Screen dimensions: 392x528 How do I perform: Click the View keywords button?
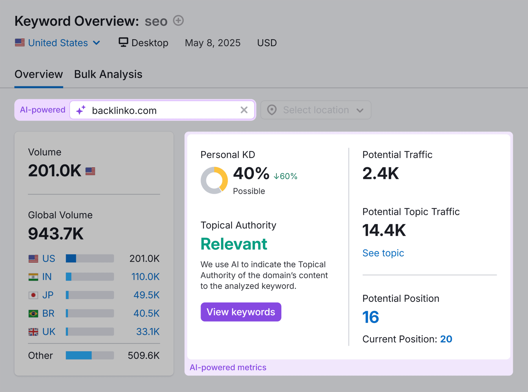pyautogui.click(x=241, y=312)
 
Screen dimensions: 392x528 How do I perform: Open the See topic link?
pyautogui.click(x=383, y=253)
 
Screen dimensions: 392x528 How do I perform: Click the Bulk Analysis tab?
pyautogui.click(x=108, y=74)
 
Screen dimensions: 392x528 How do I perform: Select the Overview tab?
pyautogui.click(x=39, y=74)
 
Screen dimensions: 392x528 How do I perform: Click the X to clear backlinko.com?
pyautogui.click(x=244, y=110)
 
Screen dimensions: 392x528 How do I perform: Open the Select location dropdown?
pyautogui.click(x=316, y=110)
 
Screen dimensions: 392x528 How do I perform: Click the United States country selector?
pyautogui.click(x=58, y=43)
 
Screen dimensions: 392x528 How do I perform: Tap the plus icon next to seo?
pyautogui.click(x=178, y=21)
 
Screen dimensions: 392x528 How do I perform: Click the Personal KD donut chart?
pyautogui.click(x=214, y=180)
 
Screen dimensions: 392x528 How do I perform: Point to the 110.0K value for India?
pyautogui.click(x=145, y=277)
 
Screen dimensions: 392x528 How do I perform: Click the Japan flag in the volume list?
pyautogui.click(x=33, y=295)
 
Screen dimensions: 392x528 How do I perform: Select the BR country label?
pyautogui.click(x=48, y=313)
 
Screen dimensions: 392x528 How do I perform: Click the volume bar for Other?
pyautogui.click(x=90, y=355)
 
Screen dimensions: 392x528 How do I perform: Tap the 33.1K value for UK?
pyautogui.click(x=148, y=332)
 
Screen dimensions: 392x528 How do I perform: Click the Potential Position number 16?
pyautogui.click(x=370, y=317)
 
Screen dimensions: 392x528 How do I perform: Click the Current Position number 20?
pyautogui.click(x=446, y=339)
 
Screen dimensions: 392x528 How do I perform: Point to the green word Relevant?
pyautogui.click(x=234, y=244)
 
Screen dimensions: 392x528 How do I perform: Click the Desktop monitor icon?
pyautogui.click(x=123, y=42)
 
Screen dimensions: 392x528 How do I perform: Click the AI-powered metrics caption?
pyautogui.click(x=228, y=368)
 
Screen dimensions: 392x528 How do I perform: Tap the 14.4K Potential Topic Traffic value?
pyautogui.click(x=384, y=230)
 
